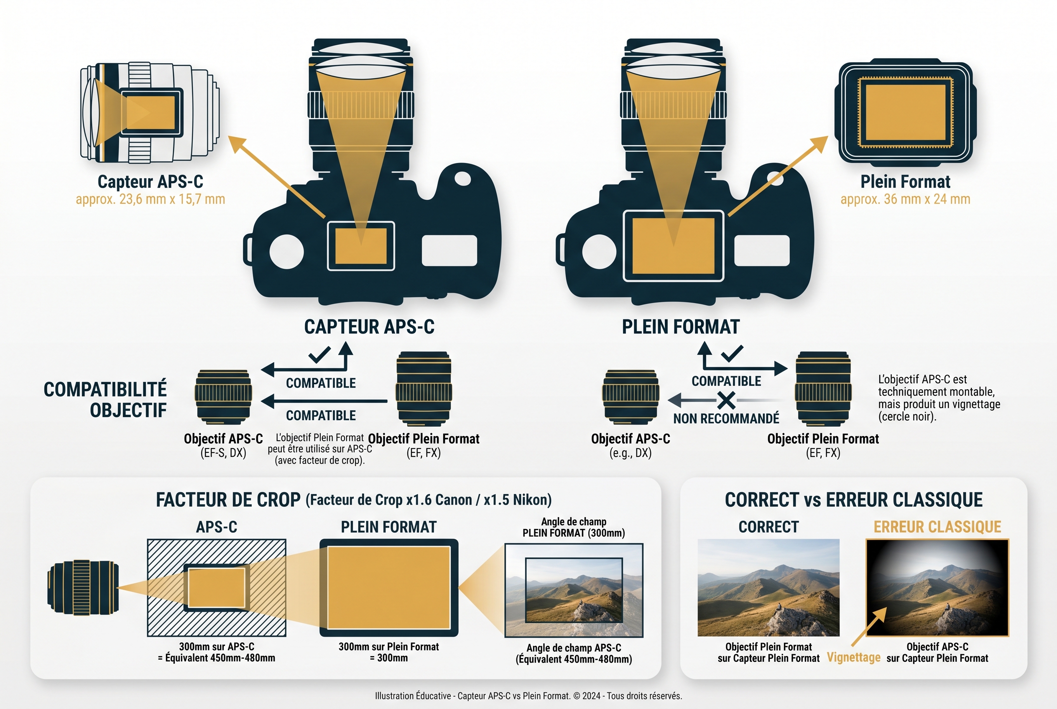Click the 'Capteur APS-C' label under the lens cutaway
tap(150, 182)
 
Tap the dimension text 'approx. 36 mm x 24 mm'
tap(905, 199)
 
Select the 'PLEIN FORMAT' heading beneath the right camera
tap(680, 327)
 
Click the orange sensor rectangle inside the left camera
tap(360, 246)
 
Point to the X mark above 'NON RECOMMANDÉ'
tap(726, 400)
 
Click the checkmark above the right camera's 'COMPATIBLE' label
tap(732, 354)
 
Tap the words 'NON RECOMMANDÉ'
tap(726, 419)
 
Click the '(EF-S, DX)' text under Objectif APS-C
tap(223, 453)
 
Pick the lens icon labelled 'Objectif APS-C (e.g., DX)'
tap(631, 397)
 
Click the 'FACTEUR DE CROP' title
tap(228, 500)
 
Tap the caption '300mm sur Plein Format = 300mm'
tap(388, 652)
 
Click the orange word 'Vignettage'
tap(853, 658)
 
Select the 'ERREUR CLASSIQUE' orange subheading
tap(937, 527)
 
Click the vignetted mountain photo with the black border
tap(937, 587)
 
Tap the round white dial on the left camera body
tap(286, 251)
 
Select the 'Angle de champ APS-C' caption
tap(574, 648)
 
